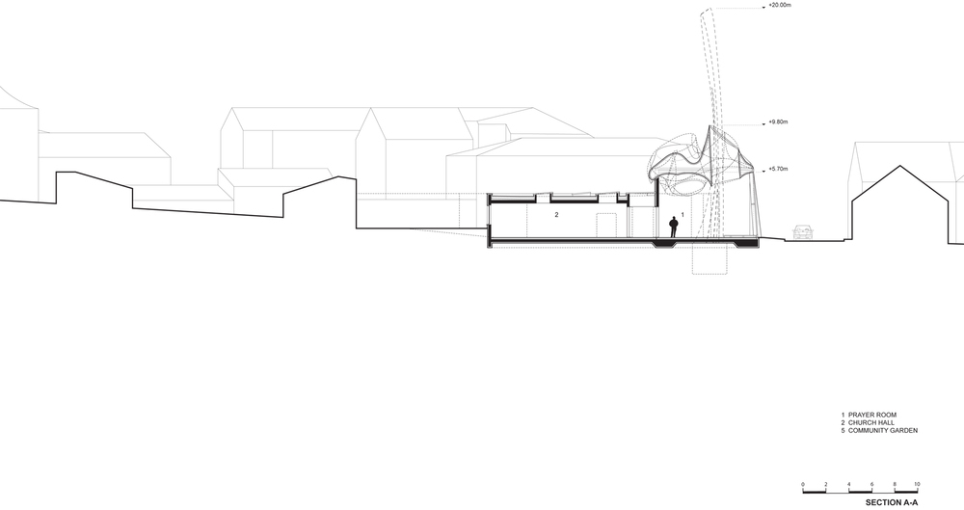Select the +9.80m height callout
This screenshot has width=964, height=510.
pyautogui.click(x=778, y=122)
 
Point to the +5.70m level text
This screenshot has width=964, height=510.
pyautogui.click(x=778, y=169)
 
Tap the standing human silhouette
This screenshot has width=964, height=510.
pyautogui.click(x=674, y=227)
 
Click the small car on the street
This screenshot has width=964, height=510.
pyautogui.click(x=803, y=232)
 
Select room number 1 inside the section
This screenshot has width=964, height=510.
pyautogui.click(x=682, y=215)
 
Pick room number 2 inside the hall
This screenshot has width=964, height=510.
pyautogui.click(x=557, y=215)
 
